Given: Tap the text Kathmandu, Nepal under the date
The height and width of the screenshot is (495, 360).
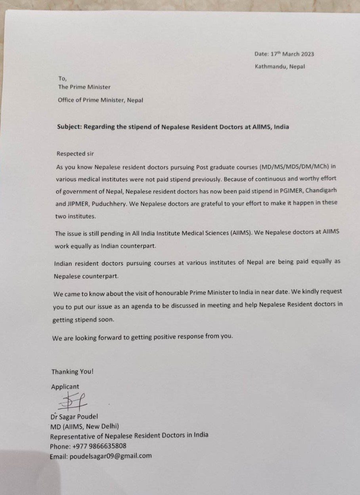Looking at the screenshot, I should point(280,67).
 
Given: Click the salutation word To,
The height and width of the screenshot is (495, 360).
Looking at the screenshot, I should point(63,79).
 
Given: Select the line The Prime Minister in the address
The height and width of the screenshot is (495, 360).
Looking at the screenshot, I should point(84,87).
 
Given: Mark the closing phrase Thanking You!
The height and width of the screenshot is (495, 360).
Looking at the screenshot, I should point(72,372).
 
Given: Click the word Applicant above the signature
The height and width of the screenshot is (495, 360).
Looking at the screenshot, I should point(65,386).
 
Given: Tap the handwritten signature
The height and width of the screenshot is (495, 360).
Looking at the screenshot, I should point(74,401).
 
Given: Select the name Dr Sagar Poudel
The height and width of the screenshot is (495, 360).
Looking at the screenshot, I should point(75,417).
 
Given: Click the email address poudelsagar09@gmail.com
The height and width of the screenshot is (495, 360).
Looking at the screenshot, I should point(111,456).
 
